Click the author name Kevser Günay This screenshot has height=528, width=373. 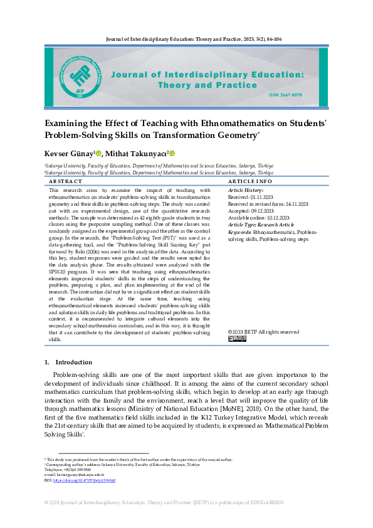coord(68,154)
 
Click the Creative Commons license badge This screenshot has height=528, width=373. coord(238,339)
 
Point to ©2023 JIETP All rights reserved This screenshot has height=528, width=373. coord(263,332)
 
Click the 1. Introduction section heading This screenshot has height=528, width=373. coord(69,362)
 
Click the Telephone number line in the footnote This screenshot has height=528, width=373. coord(63,470)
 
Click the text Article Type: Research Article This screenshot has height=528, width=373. coord(260,224)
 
